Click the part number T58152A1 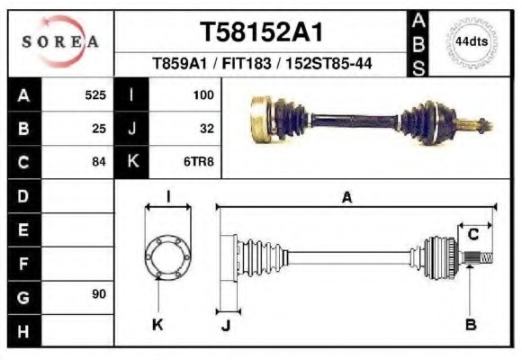(x=261, y=32)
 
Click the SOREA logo (x=59, y=42)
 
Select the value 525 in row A (x=95, y=94)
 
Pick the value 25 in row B (x=99, y=128)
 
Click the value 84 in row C (x=99, y=162)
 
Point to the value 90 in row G (x=99, y=295)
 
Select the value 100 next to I (x=202, y=94)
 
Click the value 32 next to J (x=206, y=128)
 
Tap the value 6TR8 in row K (x=199, y=162)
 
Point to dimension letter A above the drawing (x=346, y=197)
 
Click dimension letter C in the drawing (x=472, y=236)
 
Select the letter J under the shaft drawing (x=225, y=326)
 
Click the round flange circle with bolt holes (x=168, y=256)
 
